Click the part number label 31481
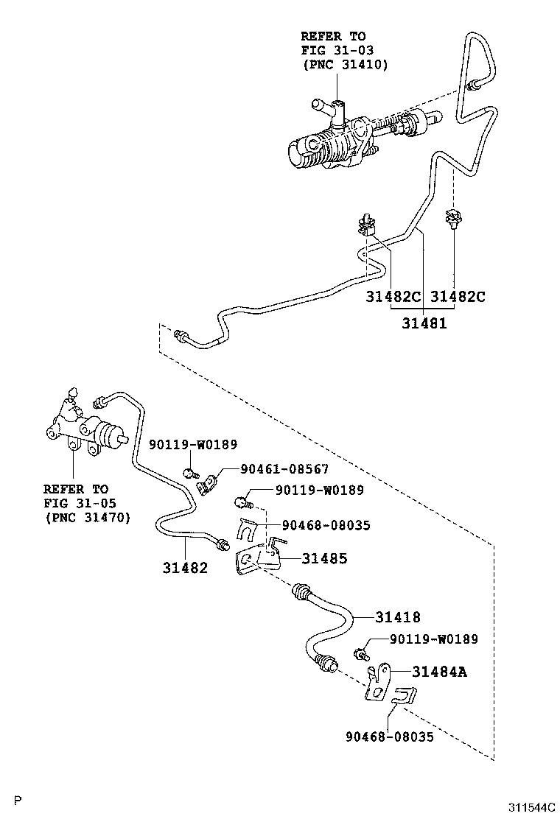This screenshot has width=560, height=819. [x=424, y=323]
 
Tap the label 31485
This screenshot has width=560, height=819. [x=323, y=559]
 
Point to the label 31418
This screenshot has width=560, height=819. [x=397, y=617]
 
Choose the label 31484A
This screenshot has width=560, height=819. [x=439, y=672]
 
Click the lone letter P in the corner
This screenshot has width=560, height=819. [x=18, y=800]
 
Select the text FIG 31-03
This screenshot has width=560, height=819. [x=333, y=50]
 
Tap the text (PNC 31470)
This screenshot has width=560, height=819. [x=86, y=518]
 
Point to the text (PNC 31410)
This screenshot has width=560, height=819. [x=344, y=65]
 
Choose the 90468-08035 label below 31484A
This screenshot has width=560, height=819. [x=389, y=737]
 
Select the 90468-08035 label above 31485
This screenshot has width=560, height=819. [x=325, y=525]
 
